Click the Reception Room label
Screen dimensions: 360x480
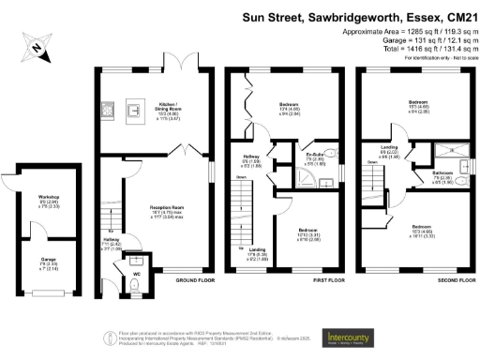[172, 211]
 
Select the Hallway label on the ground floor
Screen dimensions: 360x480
[112, 240]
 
